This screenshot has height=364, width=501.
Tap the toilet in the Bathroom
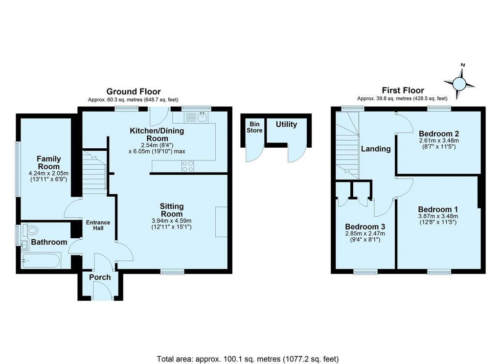coord(31,229)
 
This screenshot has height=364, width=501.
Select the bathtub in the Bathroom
coord(41,260)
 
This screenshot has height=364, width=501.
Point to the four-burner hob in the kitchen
coord(187,166)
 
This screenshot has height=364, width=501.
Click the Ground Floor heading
coord(134,91)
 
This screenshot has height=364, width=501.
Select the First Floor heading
coord(403,91)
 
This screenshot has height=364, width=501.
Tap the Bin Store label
coord(254,127)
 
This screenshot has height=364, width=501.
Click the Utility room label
coord(286,124)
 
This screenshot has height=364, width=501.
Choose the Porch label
coord(100,277)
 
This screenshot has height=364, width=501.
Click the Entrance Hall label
coord(98,226)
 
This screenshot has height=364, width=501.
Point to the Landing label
coord(376,149)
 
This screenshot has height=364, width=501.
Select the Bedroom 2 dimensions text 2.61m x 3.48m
coord(439,140)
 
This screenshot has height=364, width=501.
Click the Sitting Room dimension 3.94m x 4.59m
coord(172,221)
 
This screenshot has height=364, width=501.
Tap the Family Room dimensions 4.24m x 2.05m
coord(48,173)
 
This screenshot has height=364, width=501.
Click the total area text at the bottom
coord(248,359)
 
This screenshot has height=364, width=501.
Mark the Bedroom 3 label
coord(365,227)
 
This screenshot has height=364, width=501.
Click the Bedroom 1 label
coord(438,209)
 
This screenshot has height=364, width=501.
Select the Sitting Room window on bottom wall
coord(173,272)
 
